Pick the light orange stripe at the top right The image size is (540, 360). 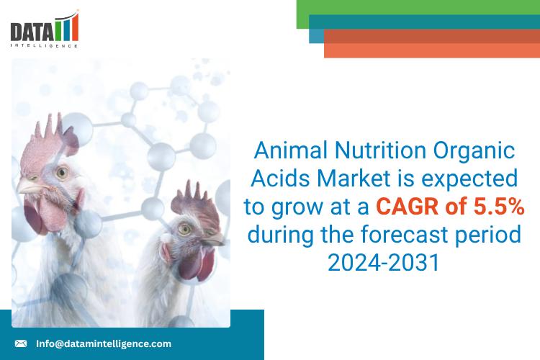[x=432, y=50]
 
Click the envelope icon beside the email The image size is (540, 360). [x=21, y=343]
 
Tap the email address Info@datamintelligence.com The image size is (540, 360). [x=104, y=343]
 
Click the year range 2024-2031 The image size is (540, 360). [x=383, y=262]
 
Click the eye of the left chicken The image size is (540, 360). [x=63, y=174]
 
